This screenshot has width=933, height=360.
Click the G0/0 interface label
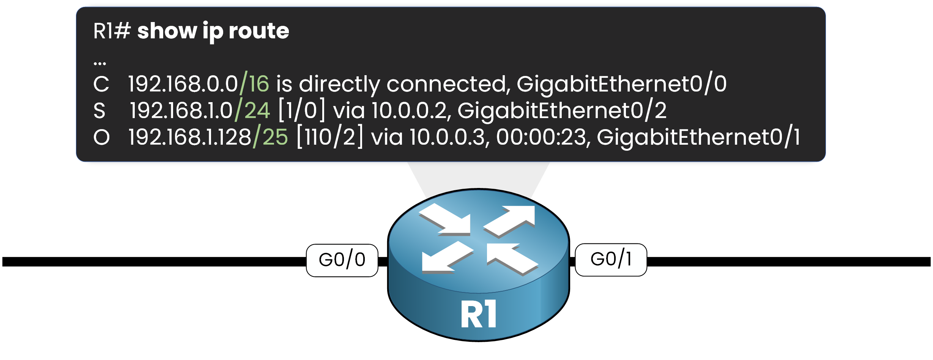pos(342,260)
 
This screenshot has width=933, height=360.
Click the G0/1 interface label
pos(611,260)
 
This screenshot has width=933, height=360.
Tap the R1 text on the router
pos(479,314)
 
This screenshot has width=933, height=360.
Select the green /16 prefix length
pos(254,84)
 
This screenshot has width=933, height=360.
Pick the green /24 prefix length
pos(252,111)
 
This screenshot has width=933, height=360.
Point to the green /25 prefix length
pos(270,137)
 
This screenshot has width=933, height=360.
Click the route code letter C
pos(101,84)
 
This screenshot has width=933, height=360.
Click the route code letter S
pos(99,111)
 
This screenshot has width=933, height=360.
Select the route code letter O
pos(101,137)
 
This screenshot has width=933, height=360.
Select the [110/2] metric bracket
pos(329,137)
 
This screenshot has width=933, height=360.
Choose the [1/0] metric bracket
pos(302,111)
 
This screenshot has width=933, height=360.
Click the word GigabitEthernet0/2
pos(562,111)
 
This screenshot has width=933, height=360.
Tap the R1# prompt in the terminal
pos(112,31)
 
